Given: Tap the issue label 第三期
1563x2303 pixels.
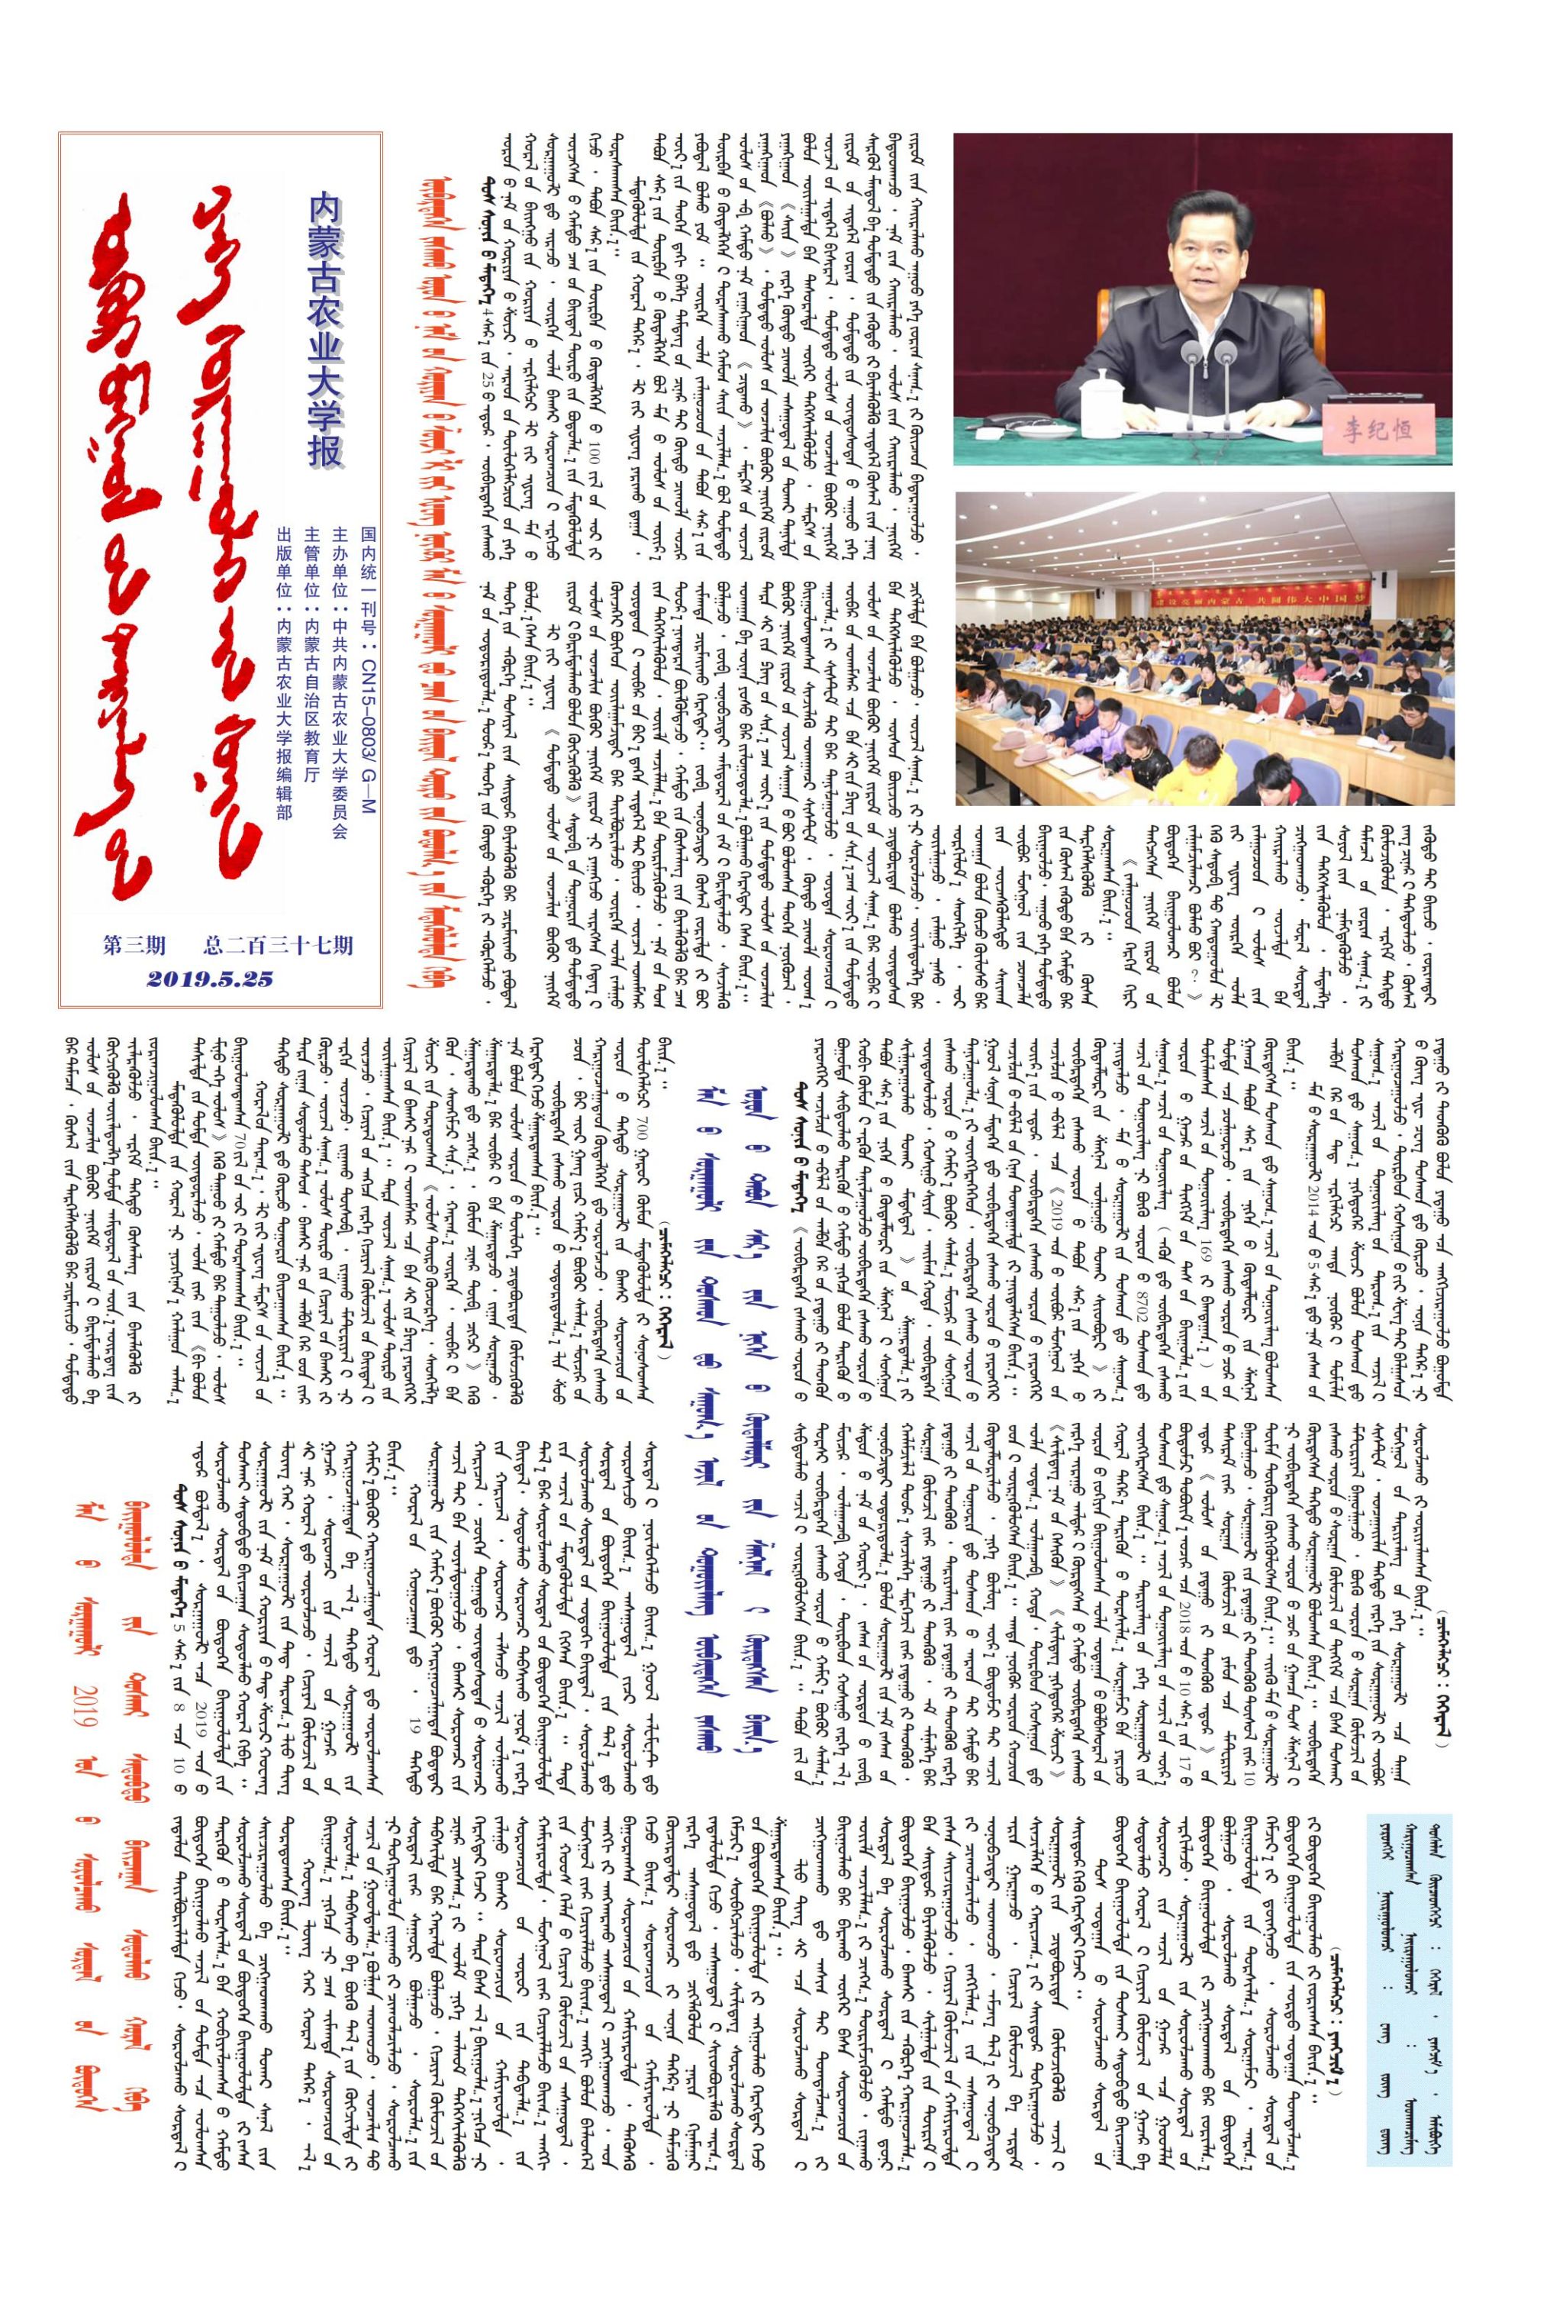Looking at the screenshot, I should coord(135,944).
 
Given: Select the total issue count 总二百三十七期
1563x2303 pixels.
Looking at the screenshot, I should coord(277,944).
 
